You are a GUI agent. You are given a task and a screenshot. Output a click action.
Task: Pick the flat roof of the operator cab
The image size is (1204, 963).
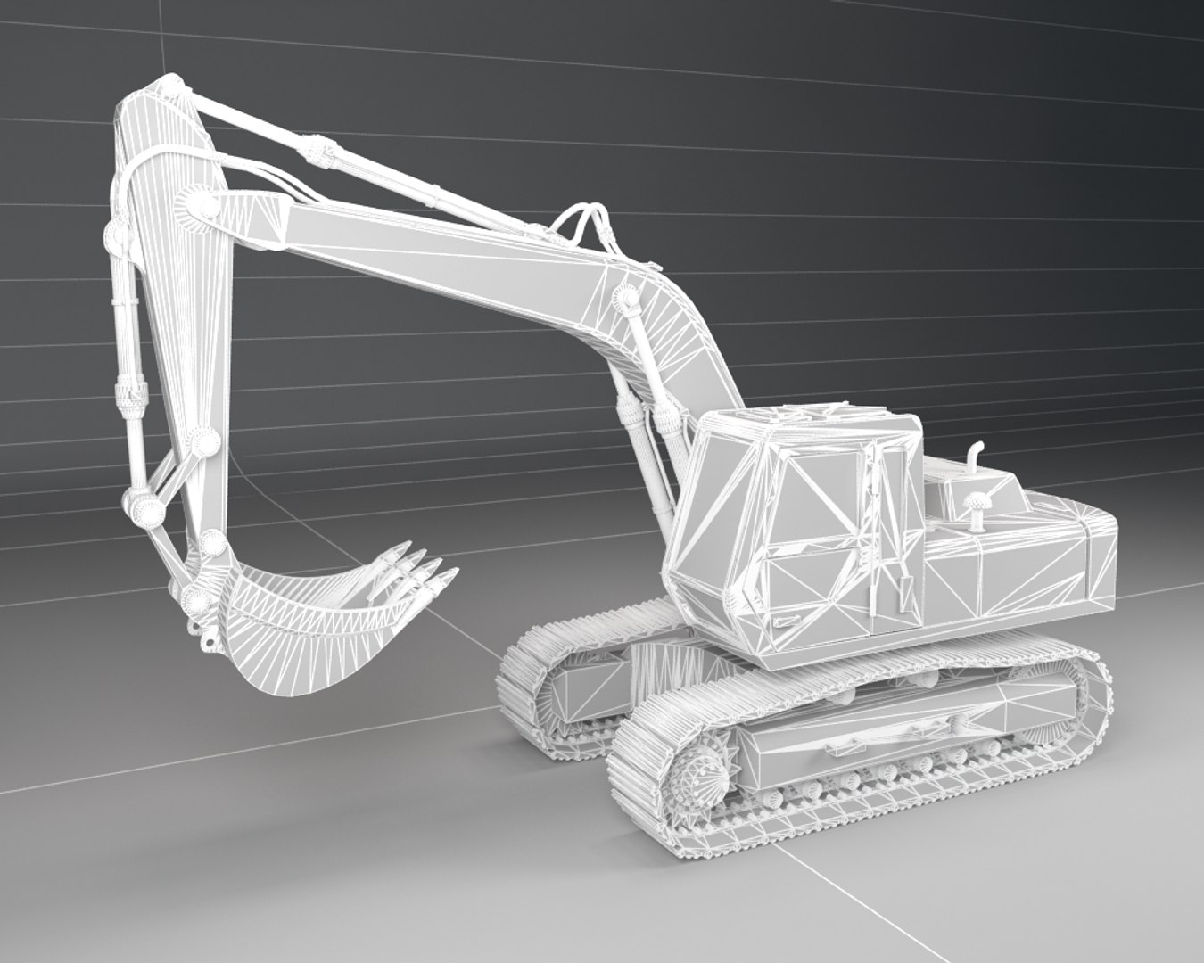click(x=803, y=419)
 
